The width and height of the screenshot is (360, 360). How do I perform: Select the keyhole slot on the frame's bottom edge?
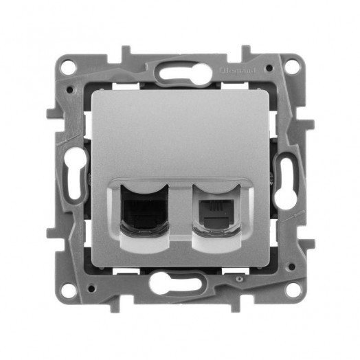coord(181,282)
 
